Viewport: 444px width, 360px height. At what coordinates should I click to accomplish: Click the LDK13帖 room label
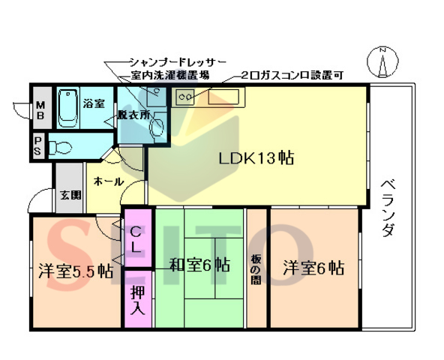[255, 159]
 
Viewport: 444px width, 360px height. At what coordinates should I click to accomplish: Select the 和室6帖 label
[199, 265]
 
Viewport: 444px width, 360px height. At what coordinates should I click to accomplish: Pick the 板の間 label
[256, 268]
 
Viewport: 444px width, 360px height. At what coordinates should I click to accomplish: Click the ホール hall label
[109, 181]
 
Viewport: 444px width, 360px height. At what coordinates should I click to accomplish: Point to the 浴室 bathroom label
[94, 102]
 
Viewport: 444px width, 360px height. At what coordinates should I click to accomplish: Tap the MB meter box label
[39, 109]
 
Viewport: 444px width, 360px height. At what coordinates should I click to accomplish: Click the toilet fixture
[61, 146]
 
